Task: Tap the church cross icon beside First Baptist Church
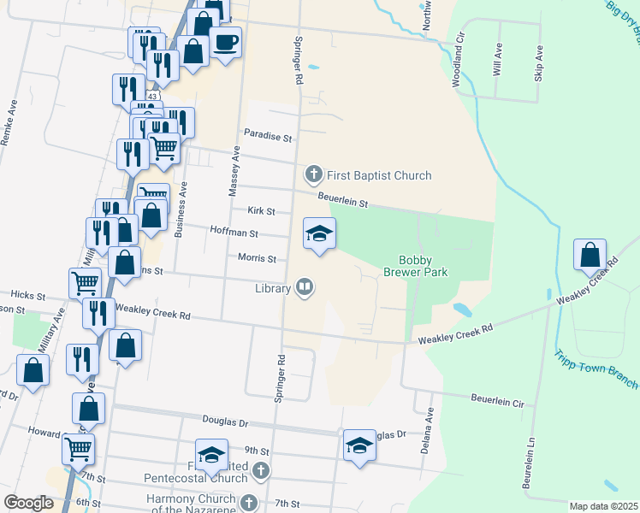click(313, 175)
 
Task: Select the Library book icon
click(304, 287)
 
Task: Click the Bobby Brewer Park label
click(424, 266)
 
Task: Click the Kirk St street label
click(261, 210)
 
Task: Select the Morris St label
click(257, 258)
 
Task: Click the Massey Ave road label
click(234, 171)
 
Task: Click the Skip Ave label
click(538, 63)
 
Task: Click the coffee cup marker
click(226, 42)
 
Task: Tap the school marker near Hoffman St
click(319, 234)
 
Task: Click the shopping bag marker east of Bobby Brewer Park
click(590, 256)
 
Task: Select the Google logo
click(28, 503)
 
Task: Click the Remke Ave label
click(10, 124)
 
